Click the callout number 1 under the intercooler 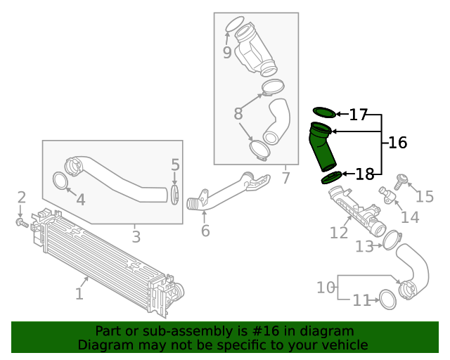coord(79,292)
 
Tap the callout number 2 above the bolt coord(22,198)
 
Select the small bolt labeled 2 coord(22,224)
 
